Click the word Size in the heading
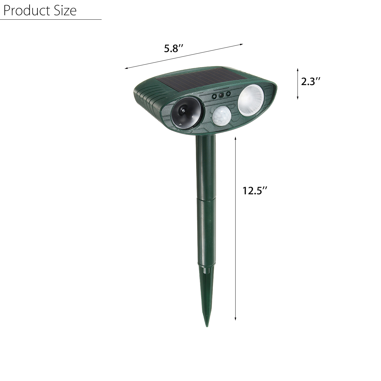point(64,10)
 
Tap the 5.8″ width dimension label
point(174,48)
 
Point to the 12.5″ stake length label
point(255,190)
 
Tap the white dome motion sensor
point(222,117)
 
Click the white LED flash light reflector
point(251,100)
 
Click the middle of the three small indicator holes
point(221,95)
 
